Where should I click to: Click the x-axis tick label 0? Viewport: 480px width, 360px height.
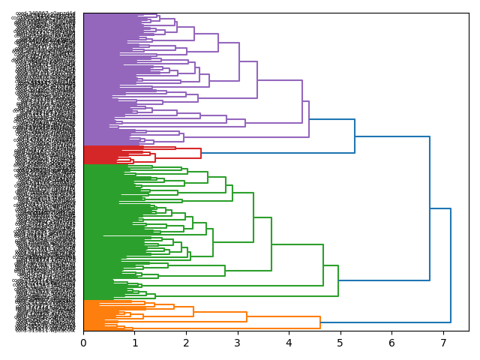tap(83, 343)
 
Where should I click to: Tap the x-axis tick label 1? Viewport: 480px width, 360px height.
tap(135, 343)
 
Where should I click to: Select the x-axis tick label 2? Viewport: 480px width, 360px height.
tap(186, 343)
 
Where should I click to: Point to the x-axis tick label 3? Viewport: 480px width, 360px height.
tap(238, 343)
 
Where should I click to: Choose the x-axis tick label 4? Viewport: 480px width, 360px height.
tap(289, 343)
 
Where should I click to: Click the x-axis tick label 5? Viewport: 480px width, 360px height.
tap(340, 343)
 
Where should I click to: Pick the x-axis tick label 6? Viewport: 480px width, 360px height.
tap(391, 343)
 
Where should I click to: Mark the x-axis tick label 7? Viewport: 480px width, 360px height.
tap(443, 343)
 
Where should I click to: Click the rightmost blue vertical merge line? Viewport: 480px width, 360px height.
tap(451, 265)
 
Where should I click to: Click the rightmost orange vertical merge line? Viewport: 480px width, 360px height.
tap(320, 322)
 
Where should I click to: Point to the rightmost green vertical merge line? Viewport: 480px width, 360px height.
tap(338, 281)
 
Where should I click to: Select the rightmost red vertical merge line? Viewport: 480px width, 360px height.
tap(201, 153)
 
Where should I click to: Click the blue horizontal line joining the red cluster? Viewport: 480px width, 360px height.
tap(277, 153)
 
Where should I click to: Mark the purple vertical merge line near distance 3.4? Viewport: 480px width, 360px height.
tap(257, 79)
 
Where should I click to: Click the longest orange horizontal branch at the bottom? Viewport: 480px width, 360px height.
tap(225, 328)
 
